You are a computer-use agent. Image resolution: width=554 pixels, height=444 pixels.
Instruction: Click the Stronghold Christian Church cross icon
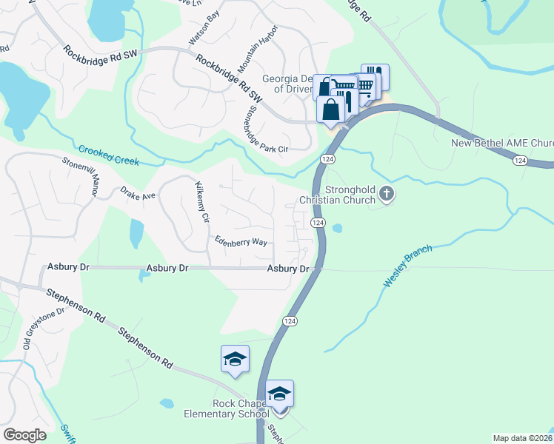coord(386,194)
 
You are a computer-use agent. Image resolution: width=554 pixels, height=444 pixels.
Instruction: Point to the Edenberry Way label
coord(241,241)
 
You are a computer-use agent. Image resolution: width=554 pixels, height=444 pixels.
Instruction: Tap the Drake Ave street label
coord(138,194)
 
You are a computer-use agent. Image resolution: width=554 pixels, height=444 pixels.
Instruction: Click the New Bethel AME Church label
coord(502,144)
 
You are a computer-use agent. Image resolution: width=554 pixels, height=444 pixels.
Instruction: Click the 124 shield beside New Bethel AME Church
coord(520,161)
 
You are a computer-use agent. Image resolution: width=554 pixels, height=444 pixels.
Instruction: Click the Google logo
coord(24,435)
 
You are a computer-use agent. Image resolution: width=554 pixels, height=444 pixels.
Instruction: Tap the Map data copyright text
coord(523,438)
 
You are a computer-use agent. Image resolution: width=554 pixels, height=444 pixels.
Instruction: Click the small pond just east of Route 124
coord(338,229)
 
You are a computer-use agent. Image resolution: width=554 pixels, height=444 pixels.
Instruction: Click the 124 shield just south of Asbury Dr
coord(290,320)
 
